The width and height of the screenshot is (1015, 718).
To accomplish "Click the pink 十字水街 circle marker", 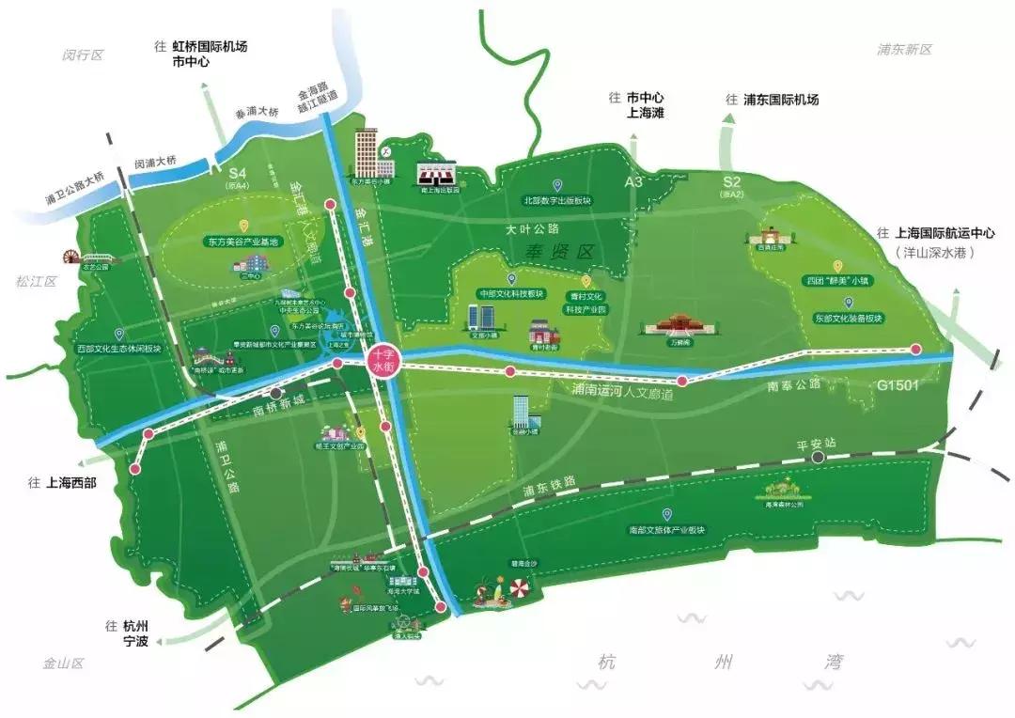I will click(x=383, y=362).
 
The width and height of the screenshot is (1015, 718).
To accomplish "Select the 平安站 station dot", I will click(x=820, y=458).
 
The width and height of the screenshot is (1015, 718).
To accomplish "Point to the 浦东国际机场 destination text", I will click(x=780, y=100).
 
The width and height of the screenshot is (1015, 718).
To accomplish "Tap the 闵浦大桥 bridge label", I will click(x=155, y=162).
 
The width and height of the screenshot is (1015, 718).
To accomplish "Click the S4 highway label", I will click(x=237, y=174).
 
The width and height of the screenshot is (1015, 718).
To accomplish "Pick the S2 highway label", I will click(x=732, y=181).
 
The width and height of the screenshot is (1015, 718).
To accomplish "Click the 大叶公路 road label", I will click(x=532, y=228).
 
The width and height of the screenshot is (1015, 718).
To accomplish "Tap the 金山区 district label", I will click(x=63, y=663).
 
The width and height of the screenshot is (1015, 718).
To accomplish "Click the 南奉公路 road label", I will click(x=793, y=383).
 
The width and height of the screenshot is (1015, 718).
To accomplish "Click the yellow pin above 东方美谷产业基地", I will click(x=244, y=226).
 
